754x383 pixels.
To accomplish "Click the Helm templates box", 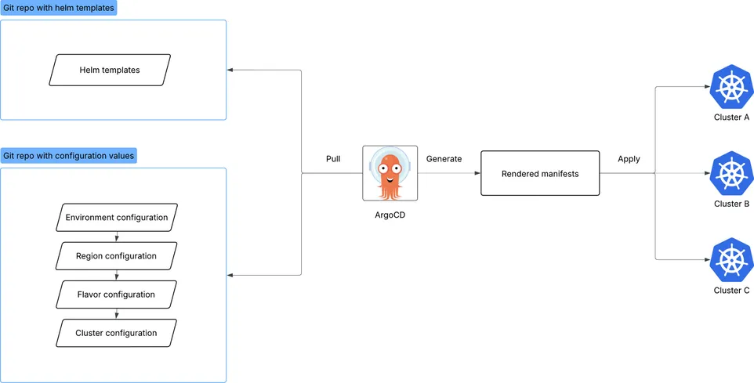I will pyautogui.click(x=110, y=70).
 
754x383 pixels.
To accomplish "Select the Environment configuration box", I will pyautogui.click(x=117, y=217).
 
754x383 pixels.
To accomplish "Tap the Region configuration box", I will pyautogui.click(x=117, y=256).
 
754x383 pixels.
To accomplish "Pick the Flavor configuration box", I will pyautogui.click(x=117, y=294).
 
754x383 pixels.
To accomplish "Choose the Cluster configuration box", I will pyautogui.click(x=117, y=333).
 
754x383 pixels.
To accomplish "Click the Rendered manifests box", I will pyautogui.click(x=540, y=173).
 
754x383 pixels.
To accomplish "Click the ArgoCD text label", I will pyautogui.click(x=389, y=214).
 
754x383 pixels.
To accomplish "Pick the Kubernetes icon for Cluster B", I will pyautogui.click(x=732, y=173).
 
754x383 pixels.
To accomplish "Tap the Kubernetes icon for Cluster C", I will pyautogui.click(x=732, y=260).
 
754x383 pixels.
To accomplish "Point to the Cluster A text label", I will pyautogui.click(x=732, y=117).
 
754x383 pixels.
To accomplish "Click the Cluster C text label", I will pyautogui.click(x=732, y=291).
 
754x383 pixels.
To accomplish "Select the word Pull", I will pyautogui.click(x=333, y=159).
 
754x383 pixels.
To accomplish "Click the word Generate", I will pyautogui.click(x=444, y=159).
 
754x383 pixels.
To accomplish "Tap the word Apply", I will pyautogui.click(x=629, y=159).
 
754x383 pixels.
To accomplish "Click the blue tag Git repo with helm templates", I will pyautogui.click(x=59, y=8).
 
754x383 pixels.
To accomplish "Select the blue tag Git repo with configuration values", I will pyautogui.click(x=69, y=156).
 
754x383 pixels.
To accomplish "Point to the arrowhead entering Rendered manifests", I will pyautogui.click(x=477, y=173).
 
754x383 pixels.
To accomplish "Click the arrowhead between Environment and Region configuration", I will pyautogui.click(x=117, y=239).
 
